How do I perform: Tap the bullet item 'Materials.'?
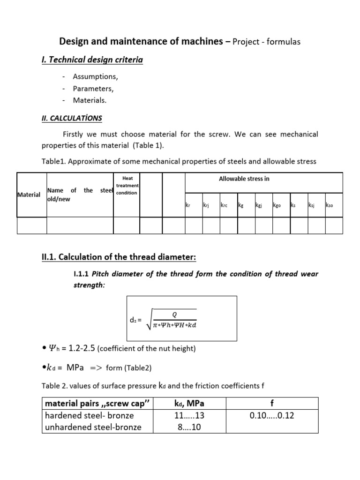[x=90, y=100]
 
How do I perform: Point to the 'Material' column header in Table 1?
[x=29, y=195]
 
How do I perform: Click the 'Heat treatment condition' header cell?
[x=127, y=186]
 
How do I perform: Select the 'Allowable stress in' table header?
[x=244, y=179]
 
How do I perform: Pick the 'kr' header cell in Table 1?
[x=189, y=205]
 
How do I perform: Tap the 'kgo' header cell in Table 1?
[x=277, y=205]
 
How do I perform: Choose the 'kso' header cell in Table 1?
[x=329, y=205]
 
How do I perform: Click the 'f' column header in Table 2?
[x=273, y=404]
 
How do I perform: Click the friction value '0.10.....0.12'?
[x=273, y=415]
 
